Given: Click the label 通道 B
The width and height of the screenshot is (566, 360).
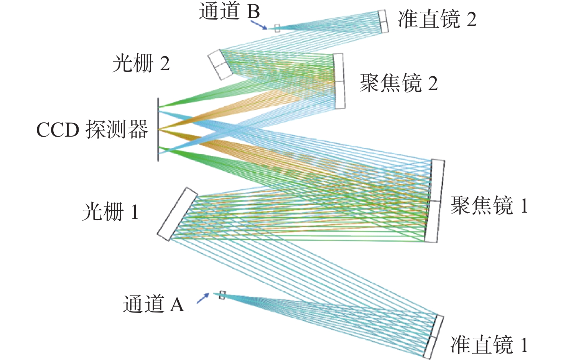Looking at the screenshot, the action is [229, 12].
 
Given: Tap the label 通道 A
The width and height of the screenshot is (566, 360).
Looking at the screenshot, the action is [154, 304].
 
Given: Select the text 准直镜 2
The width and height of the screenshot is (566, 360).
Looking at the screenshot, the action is [438, 19].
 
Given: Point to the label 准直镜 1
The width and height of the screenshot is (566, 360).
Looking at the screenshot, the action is [489, 345].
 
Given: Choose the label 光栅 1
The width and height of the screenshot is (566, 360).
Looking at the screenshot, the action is [110, 211].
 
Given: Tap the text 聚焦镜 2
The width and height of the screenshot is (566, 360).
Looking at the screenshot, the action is [399, 83].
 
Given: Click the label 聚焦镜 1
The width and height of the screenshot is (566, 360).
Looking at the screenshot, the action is [489, 205].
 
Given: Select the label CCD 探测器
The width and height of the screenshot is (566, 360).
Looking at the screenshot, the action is [92, 129].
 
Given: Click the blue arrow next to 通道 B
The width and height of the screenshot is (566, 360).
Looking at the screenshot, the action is [259, 25].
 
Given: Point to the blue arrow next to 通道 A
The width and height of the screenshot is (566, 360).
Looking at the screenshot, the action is [203, 298].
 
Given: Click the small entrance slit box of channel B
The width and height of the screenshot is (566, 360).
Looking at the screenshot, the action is [277, 28].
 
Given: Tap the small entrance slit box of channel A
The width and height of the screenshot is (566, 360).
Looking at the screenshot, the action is [222, 295].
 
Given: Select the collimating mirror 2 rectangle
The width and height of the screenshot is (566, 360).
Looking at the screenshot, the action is [383, 21].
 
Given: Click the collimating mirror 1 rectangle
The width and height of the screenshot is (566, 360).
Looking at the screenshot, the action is [433, 337].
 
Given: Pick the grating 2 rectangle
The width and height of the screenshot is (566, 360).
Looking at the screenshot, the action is [220, 64].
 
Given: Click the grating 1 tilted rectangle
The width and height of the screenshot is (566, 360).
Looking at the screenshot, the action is [178, 214].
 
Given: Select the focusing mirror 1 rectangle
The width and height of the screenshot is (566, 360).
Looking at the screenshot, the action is [434, 201].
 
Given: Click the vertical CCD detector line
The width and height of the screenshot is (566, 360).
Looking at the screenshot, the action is [158, 129].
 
